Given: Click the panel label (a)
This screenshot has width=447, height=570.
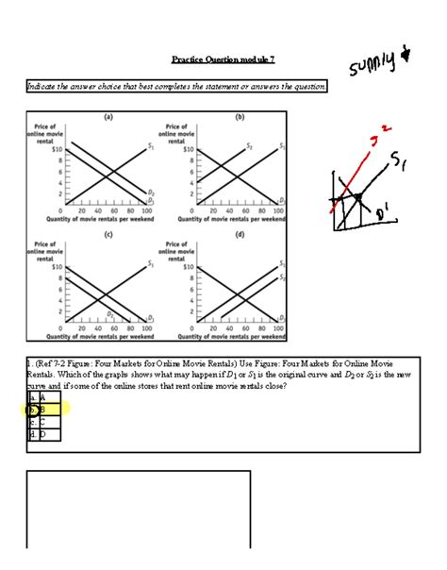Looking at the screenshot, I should (x=108, y=117).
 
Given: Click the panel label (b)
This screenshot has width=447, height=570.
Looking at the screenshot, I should (x=240, y=117).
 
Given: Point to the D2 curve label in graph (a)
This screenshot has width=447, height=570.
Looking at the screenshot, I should (x=151, y=193).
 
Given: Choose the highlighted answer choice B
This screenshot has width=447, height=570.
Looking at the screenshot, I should (x=42, y=410).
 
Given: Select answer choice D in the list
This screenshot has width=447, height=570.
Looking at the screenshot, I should (x=42, y=434).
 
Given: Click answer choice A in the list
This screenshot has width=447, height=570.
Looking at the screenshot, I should (x=42, y=398).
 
